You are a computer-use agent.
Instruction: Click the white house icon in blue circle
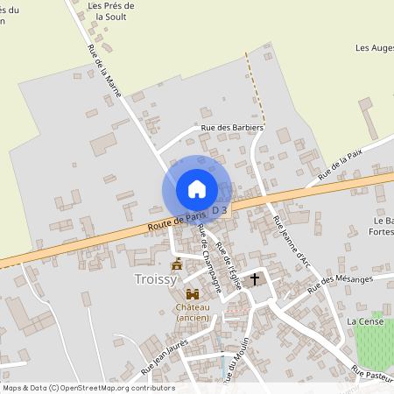coord(197,189)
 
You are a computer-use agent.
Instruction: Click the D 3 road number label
coord(219,210)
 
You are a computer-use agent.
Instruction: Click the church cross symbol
coord(256,279)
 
